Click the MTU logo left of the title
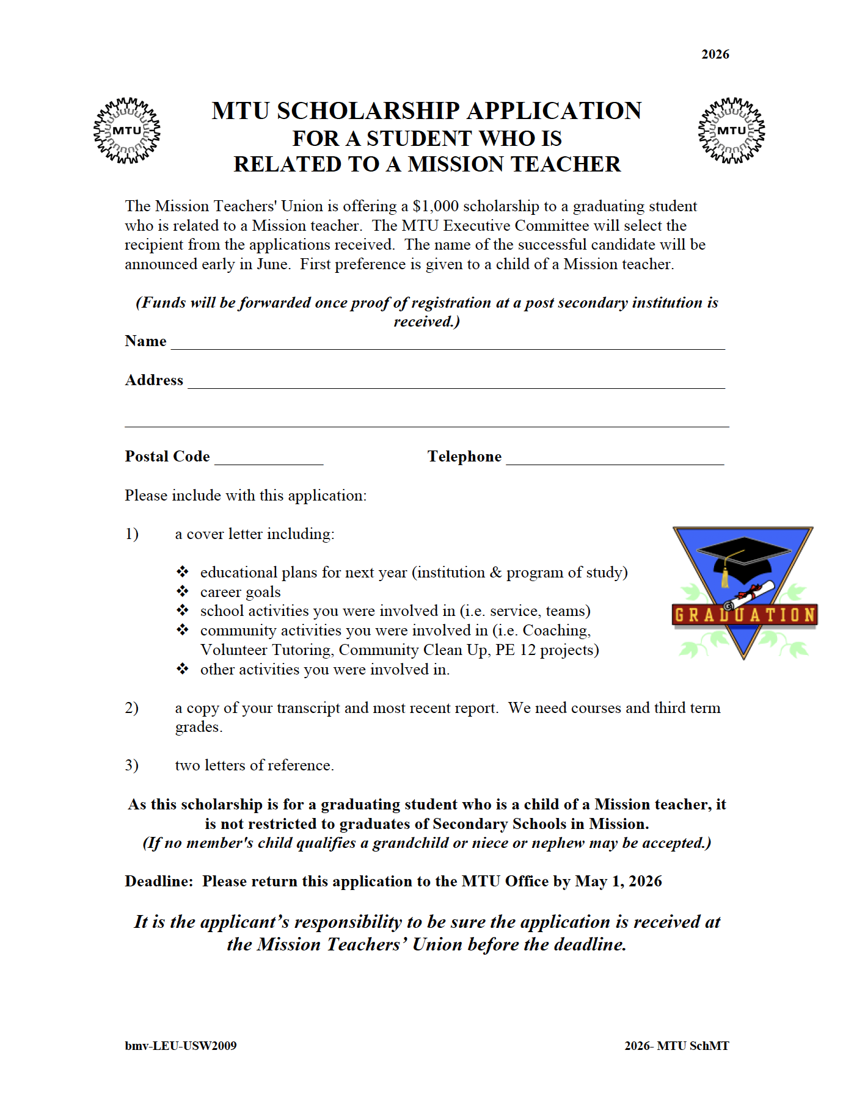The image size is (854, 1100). tap(127, 131)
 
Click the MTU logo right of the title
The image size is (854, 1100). tap(731, 131)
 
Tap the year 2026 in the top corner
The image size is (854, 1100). tap(715, 54)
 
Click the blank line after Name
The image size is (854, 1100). tap(447, 344)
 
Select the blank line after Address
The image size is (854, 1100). tap(456, 383)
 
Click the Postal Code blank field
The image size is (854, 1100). tap(269, 460)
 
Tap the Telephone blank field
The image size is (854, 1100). tap(615, 460)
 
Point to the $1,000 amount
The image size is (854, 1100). tap(435, 206)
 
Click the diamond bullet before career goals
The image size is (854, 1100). tap(182, 592)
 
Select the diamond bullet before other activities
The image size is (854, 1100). tap(182, 669)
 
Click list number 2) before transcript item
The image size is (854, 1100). tap(131, 708)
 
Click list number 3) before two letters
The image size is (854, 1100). tap(131, 765)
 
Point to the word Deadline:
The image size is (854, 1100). tap(159, 881)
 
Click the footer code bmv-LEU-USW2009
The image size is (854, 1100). tap(180, 1046)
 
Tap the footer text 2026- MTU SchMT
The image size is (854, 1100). tap(676, 1046)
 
